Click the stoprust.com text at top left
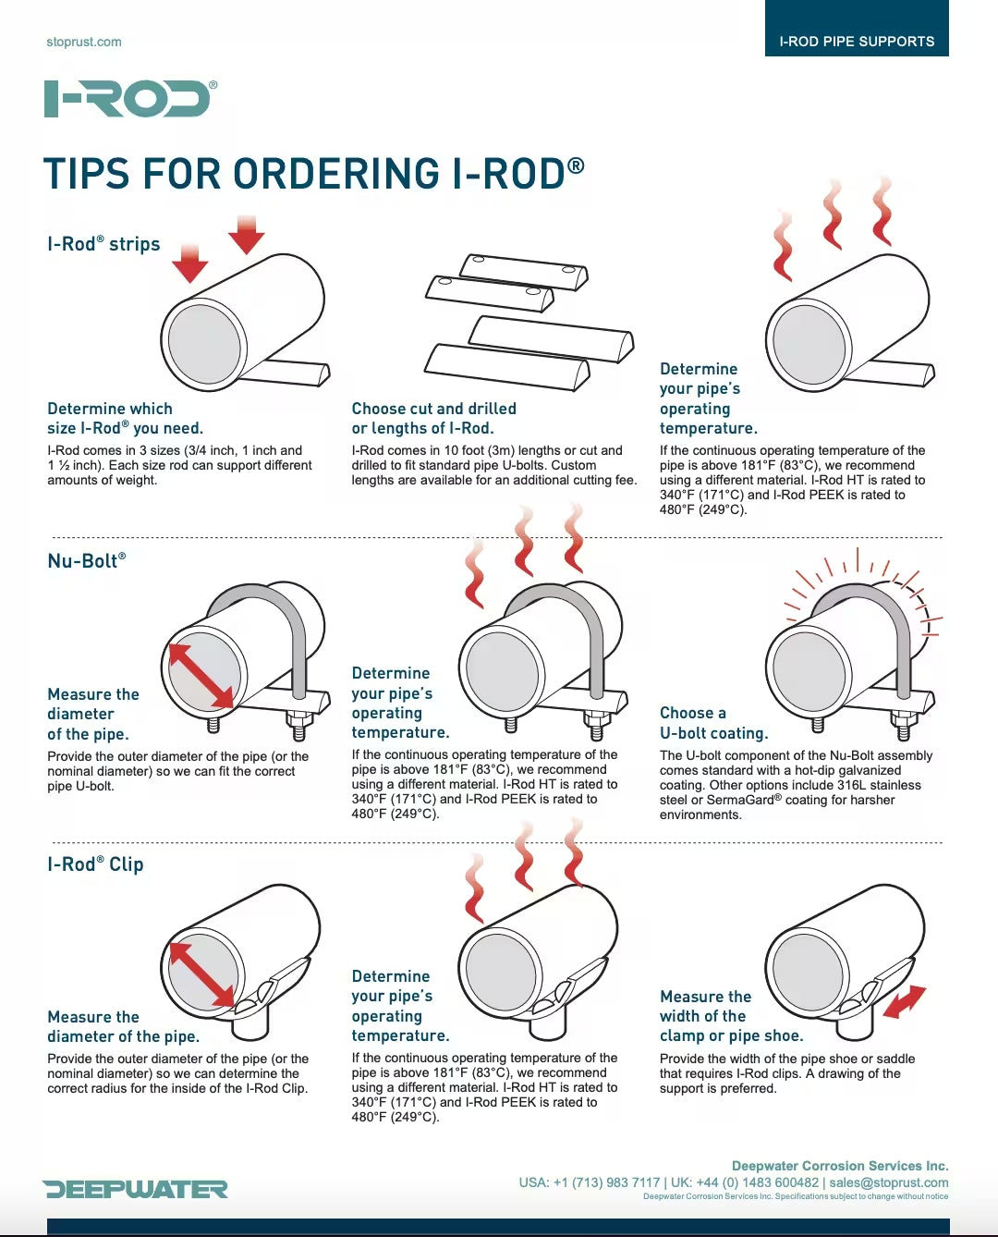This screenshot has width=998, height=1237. tap(84, 42)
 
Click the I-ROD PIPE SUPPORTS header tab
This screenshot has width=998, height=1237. tap(857, 41)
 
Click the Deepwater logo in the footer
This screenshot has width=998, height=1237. tap(135, 1189)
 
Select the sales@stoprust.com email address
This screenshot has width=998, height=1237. tap(888, 1182)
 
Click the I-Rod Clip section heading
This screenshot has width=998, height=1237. tap(95, 864)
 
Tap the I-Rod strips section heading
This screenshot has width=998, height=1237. tap(103, 244)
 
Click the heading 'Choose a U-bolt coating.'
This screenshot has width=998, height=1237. tap(713, 723)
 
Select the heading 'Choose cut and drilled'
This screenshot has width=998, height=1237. tap(433, 409)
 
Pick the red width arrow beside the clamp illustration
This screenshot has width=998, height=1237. tap(904, 1002)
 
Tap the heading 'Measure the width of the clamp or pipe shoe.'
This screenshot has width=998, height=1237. tap(730, 1016)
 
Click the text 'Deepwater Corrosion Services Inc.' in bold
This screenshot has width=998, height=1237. tap(839, 1166)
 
